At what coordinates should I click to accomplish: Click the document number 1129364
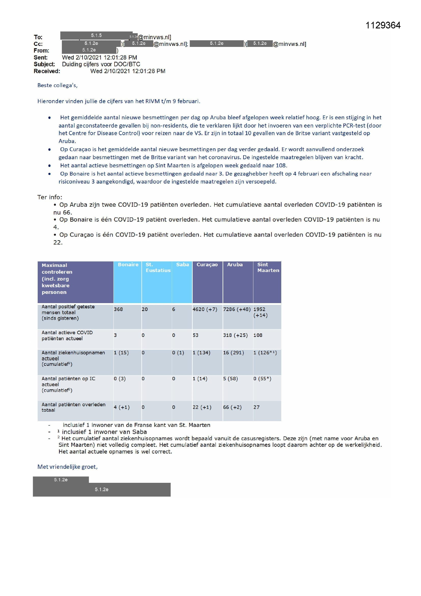(383, 25)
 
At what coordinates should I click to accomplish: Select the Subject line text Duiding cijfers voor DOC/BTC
(101, 64)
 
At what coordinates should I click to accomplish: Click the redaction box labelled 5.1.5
(96, 35)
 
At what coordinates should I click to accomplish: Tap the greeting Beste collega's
(57, 85)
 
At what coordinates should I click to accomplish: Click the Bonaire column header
(128, 265)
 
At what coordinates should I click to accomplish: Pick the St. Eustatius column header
(158, 267)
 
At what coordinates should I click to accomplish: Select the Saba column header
(182, 265)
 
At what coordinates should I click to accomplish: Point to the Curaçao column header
(207, 265)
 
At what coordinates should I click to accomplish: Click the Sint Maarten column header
(268, 267)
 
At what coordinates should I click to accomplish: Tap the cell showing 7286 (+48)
(237, 309)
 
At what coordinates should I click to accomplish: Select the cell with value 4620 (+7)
(205, 309)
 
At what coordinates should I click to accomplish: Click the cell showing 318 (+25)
(235, 335)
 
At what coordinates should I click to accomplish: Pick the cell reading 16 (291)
(233, 353)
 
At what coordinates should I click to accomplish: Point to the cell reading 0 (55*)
(262, 379)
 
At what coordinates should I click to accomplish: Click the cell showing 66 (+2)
(232, 407)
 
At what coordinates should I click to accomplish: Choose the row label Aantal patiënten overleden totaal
(73, 407)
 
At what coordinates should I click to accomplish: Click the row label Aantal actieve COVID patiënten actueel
(67, 335)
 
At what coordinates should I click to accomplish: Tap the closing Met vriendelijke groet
(67, 467)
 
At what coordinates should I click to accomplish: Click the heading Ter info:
(50, 197)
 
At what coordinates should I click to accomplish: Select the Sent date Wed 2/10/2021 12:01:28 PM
(99, 57)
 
